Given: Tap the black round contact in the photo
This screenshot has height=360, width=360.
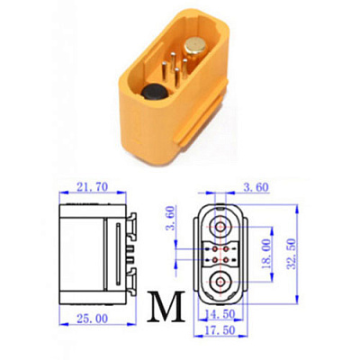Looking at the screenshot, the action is pos(154,93).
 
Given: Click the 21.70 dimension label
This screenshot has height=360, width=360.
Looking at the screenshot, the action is pos(92,187).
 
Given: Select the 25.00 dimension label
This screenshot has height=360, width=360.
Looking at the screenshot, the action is pos(92,319).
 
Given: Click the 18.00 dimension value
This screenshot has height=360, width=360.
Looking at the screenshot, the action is pos(265,254).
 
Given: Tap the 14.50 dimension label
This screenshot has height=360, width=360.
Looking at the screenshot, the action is pos(220,314).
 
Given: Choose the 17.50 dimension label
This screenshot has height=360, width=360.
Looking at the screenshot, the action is pos(220,330).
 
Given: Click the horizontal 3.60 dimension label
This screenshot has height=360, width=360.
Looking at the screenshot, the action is pos(256,187).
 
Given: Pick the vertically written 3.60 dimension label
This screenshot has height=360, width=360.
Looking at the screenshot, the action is pos(170,218).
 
